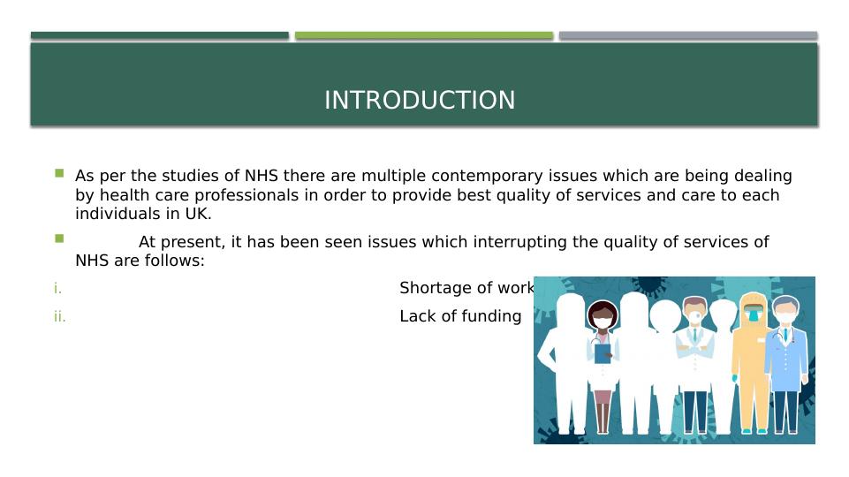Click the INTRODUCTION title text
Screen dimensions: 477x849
[x=420, y=101]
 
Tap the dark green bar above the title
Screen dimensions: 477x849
[x=159, y=35]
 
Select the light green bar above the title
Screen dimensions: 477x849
[x=423, y=35]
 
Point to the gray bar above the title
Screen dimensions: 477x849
[x=687, y=35]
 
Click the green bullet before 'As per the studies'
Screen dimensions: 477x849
[x=59, y=174]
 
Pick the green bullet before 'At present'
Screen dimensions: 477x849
[x=59, y=238]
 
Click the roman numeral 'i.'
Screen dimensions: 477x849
[x=57, y=288]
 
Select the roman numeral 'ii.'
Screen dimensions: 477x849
[x=59, y=316]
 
